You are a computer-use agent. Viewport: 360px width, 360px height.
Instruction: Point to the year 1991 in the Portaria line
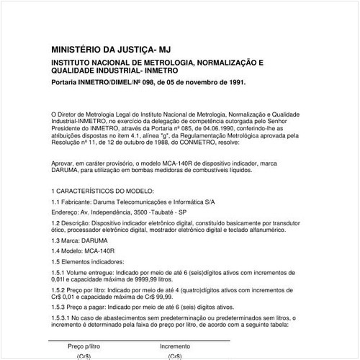pyautogui.click(x=235, y=82)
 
